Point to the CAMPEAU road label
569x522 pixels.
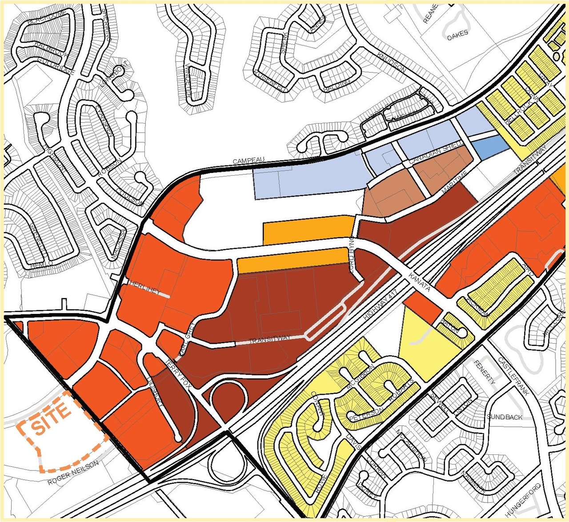[x=249, y=160]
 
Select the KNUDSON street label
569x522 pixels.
[x=391, y=62]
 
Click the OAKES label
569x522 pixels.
[x=457, y=36]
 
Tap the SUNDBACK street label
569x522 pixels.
[x=505, y=417]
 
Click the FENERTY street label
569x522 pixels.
[x=485, y=372]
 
